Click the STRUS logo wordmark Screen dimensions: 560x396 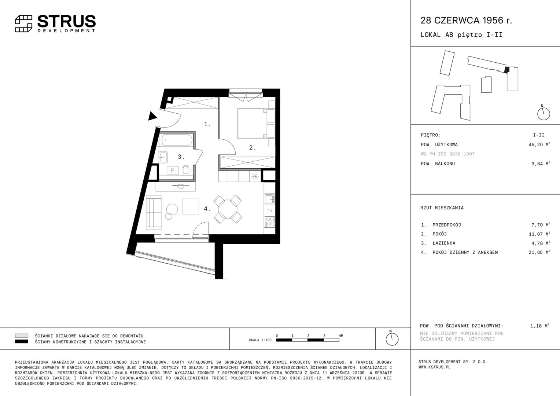[66, 21]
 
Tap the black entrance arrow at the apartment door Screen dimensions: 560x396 [152, 116]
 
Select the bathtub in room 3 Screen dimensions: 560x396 [177, 140]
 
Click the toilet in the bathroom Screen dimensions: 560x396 [185, 170]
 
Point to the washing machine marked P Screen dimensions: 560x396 [173, 170]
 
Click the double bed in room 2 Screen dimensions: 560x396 [252, 123]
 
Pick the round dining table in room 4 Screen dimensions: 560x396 [228, 209]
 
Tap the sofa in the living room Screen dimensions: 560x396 [154, 213]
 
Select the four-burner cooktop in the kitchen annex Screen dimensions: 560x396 [270, 222]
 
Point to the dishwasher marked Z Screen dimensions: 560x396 [270, 210]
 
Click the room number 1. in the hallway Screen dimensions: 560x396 [207, 124]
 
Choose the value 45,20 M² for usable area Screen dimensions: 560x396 [539, 144]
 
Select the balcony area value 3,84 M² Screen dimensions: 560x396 [541, 164]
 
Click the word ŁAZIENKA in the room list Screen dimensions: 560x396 [444, 243]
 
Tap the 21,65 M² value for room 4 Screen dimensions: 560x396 [539, 252]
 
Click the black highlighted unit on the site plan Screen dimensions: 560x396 [507, 70]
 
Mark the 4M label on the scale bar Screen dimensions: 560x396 [341, 336]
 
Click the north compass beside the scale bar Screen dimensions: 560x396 [392, 338]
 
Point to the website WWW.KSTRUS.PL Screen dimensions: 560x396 [435, 367]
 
